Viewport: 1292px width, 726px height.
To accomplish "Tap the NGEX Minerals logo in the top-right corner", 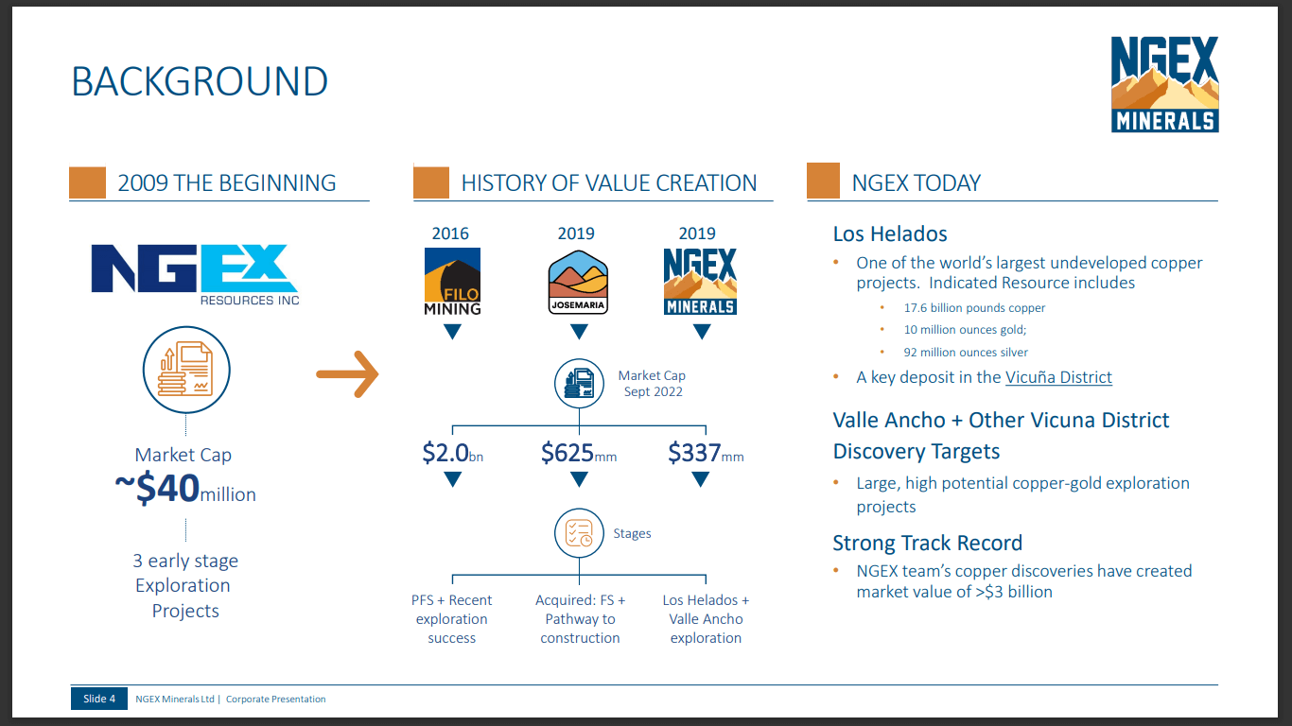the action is point(1164,84).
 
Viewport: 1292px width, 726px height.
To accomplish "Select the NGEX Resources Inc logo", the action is point(195,274).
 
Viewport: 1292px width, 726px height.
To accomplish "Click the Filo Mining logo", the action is point(452,282).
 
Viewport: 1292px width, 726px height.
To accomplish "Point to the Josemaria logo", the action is point(578,282).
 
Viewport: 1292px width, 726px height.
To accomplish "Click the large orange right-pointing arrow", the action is point(347,374).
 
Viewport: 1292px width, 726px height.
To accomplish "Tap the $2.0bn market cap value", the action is point(453,453).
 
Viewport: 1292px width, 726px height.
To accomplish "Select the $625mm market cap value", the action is point(579,453).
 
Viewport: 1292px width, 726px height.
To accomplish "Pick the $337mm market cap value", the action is point(706,453).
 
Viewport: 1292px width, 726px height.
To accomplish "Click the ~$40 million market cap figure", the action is point(185,489).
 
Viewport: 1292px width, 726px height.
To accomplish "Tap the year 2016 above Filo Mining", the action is point(450,233).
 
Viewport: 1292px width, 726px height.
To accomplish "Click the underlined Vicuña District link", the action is point(1058,377).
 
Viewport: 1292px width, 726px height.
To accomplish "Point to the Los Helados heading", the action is point(890,233).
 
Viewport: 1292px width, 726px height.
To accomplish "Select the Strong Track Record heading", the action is point(928,544).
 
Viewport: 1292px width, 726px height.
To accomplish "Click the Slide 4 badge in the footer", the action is point(98,699).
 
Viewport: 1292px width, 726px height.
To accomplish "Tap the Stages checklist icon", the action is point(579,533).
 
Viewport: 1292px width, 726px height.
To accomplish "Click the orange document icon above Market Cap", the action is point(186,370).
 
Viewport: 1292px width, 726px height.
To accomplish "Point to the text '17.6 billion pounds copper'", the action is point(974,308).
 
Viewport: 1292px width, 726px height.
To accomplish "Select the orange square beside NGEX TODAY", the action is point(823,181).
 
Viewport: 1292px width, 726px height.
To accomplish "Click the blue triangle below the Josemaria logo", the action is point(579,331).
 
